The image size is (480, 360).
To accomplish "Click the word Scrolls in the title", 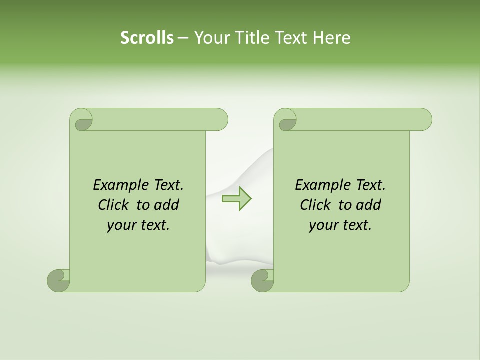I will (147, 38).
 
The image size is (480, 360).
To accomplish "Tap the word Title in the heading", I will (249, 38).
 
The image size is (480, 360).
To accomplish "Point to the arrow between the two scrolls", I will (236, 198).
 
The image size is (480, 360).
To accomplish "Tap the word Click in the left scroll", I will (114, 205).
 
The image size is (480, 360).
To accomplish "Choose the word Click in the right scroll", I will (316, 205).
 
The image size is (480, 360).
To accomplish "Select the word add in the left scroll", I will (166, 205).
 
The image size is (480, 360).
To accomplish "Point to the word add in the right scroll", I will (368, 205).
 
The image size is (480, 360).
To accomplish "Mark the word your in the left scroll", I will (121, 225).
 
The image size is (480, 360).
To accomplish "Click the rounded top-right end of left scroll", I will (218, 119).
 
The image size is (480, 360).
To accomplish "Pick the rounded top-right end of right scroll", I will (422, 119).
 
